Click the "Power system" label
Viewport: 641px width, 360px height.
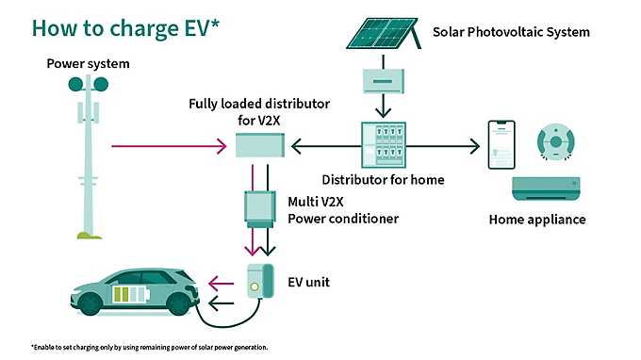tap(88, 64)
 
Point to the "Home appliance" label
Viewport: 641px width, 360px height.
tap(537, 220)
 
